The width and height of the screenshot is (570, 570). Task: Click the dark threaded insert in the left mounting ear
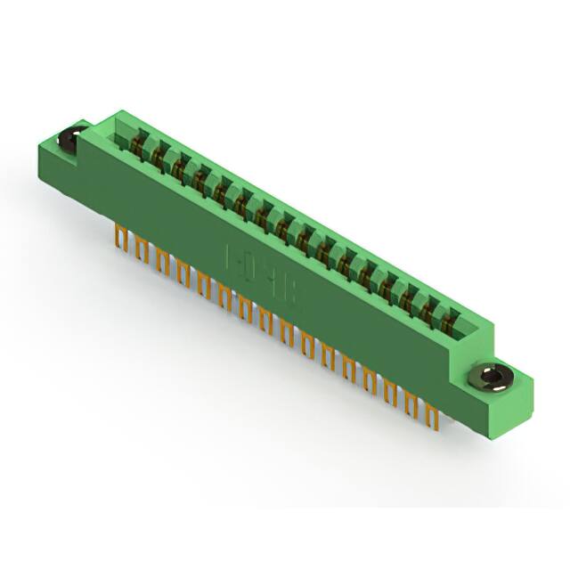coord(69,139)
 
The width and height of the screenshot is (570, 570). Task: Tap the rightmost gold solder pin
coord(433,413)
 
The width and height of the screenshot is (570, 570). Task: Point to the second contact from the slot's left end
coord(159,154)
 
